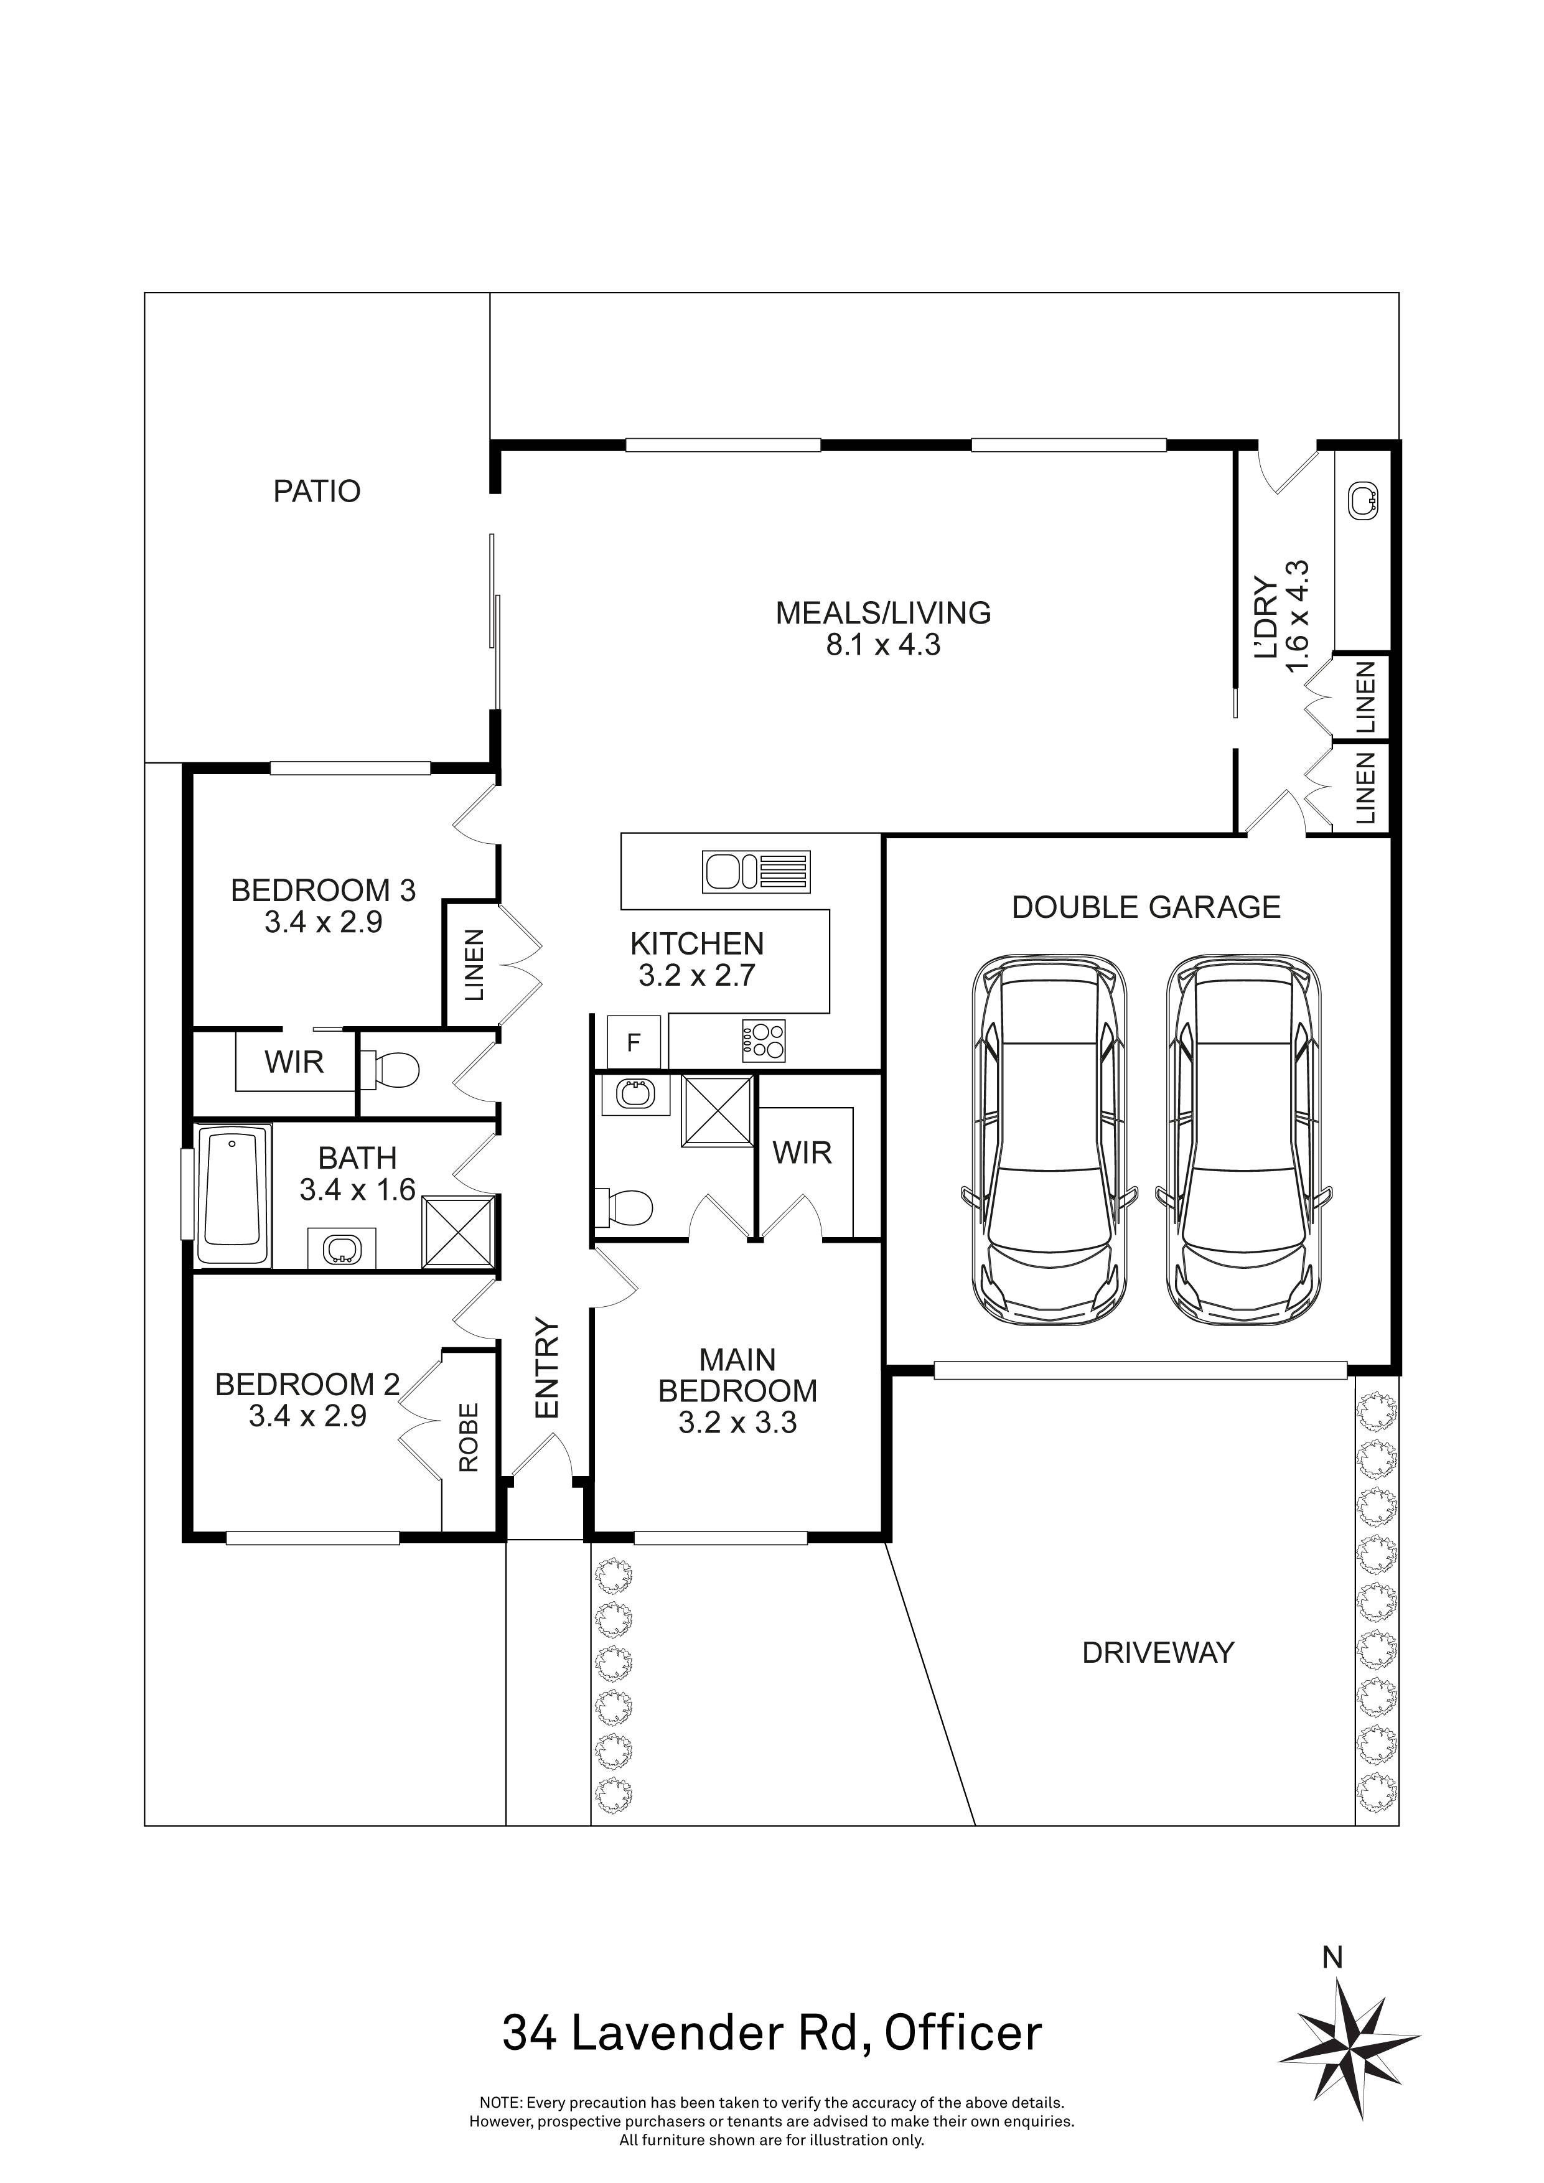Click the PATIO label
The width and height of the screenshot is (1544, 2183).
coord(317,492)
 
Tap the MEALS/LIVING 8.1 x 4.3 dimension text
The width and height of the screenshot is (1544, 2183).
coord(883,645)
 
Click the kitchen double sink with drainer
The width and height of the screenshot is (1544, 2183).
coord(757,872)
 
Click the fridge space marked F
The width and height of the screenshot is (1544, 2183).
coord(633,1043)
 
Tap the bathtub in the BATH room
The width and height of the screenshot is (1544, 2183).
coord(233,1195)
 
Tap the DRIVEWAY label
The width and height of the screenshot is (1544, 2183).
coord(1157,1652)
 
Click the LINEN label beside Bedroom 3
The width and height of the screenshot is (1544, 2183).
coord(474,966)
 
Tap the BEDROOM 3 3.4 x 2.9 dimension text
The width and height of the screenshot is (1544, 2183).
coord(323,922)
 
